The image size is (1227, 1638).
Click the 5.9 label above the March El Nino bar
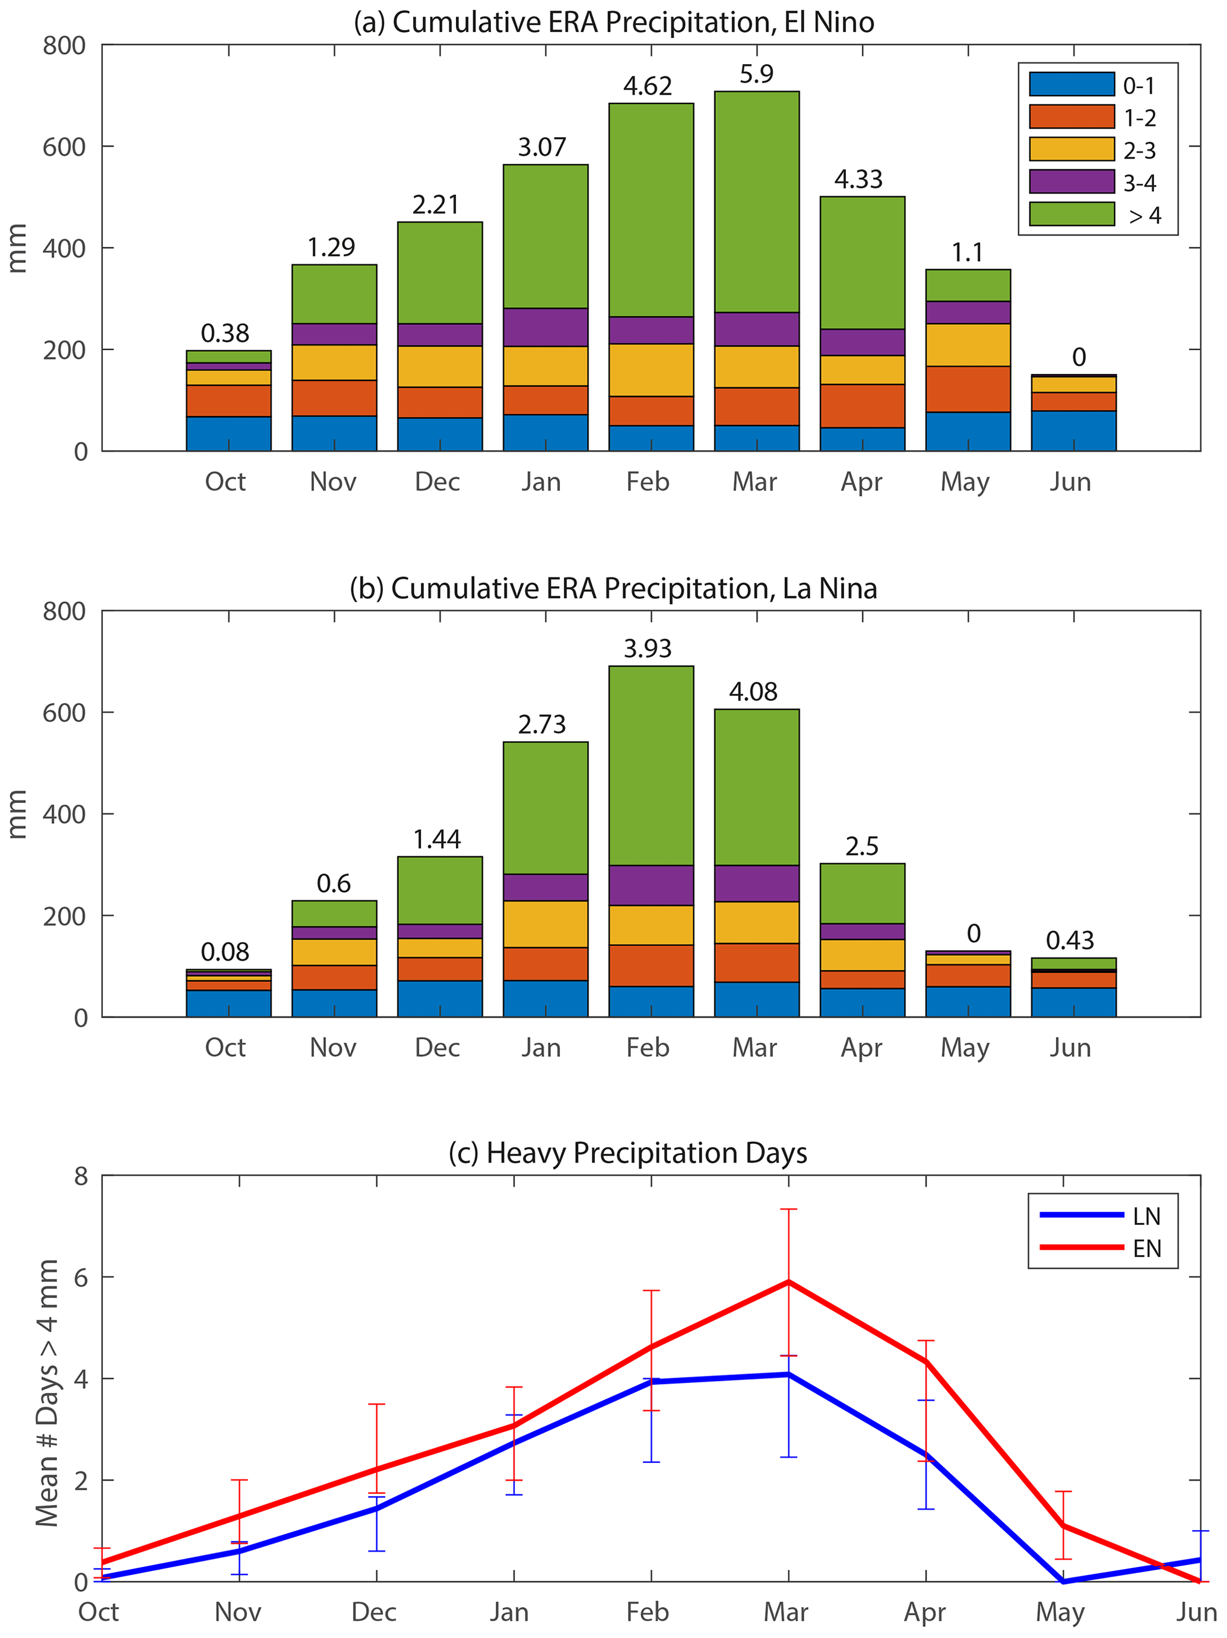point(756,74)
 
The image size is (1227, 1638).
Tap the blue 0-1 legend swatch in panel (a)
point(1071,84)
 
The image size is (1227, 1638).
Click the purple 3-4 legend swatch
point(1071,182)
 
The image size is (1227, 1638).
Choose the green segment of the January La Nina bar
point(545,808)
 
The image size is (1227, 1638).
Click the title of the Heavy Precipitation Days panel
point(627,1153)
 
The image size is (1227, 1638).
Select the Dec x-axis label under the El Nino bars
point(437,482)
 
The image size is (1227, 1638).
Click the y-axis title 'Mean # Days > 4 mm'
point(47,1392)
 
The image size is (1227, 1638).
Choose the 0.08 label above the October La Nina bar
point(225,953)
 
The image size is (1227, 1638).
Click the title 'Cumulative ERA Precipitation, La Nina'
point(613,589)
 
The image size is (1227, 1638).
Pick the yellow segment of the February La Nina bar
point(651,925)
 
